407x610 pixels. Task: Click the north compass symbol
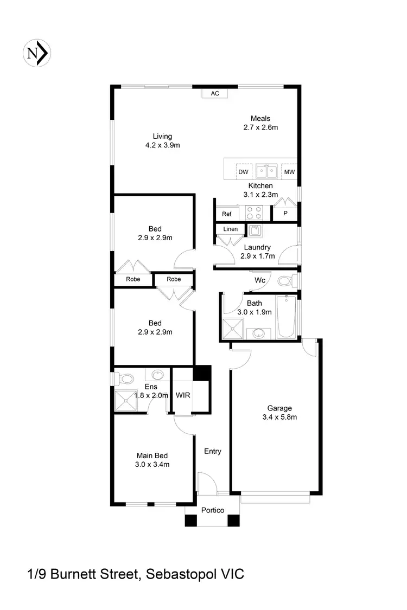[x=36, y=53]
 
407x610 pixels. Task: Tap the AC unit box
[x=215, y=93]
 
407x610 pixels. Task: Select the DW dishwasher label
[x=243, y=172]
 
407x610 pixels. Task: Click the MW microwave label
[x=289, y=172]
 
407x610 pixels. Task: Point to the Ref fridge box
[x=227, y=214]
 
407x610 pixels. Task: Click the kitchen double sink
[x=266, y=172]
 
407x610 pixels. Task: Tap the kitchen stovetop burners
[x=255, y=212]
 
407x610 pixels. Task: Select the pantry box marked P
[x=285, y=214]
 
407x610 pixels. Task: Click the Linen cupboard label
[x=231, y=229]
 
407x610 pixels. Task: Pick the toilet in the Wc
[x=285, y=281]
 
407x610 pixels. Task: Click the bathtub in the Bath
[x=286, y=317]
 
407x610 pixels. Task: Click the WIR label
[x=183, y=395]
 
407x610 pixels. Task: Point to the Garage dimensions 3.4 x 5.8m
[x=279, y=417]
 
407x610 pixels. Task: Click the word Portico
[x=213, y=510]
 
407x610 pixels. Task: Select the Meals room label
[x=260, y=119]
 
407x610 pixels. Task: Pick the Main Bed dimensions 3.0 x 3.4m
[x=152, y=464]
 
